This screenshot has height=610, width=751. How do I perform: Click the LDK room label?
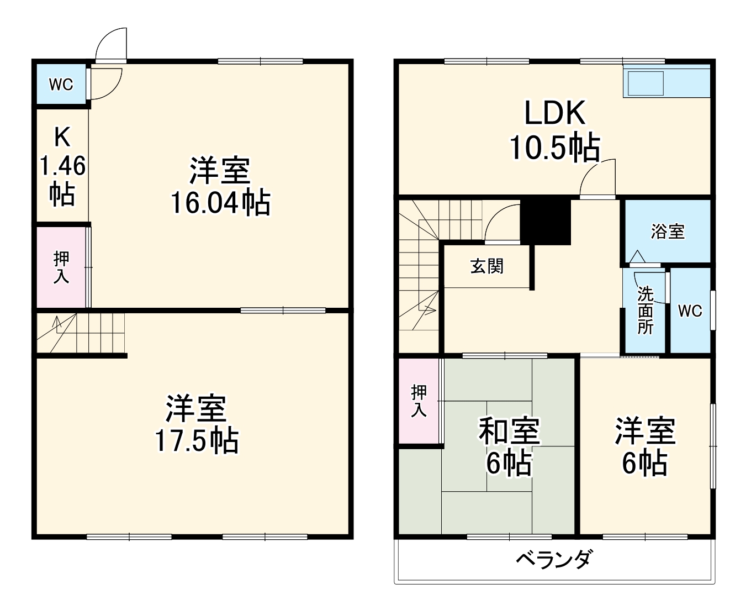[554, 113]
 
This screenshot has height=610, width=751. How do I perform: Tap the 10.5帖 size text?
[554, 148]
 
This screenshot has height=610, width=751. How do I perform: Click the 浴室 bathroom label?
[667, 231]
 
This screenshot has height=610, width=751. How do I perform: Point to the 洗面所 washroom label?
[645, 311]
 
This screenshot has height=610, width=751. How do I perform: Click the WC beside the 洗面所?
[690, 311]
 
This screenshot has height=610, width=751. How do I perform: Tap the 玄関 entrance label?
[486, 266]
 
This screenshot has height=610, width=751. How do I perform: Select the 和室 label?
[509, 431]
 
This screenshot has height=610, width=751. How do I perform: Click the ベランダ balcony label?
[554, 560]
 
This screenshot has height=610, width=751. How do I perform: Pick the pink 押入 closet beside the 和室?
[419, 401]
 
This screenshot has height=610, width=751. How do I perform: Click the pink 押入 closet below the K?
[61, 267]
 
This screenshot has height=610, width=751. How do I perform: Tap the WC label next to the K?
[61, 85]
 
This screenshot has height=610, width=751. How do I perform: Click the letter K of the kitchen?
[62, 136]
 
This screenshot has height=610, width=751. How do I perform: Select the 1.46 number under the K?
[62, 166]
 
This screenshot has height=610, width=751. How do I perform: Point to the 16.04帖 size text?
[220, 203]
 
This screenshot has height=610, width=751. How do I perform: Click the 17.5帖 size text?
[197, 440]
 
